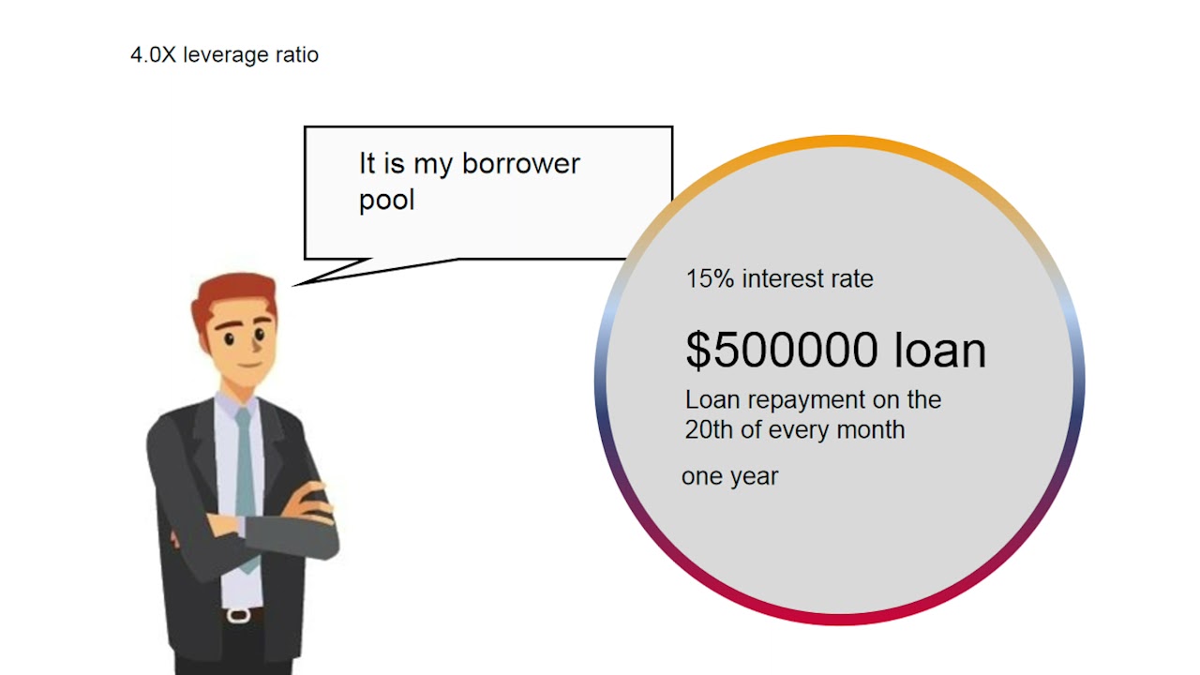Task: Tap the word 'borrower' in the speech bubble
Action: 520,164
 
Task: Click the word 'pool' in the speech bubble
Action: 386,201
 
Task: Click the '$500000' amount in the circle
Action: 782,350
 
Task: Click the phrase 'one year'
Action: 729,476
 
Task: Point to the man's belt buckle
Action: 239,615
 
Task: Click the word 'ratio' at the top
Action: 297,54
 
